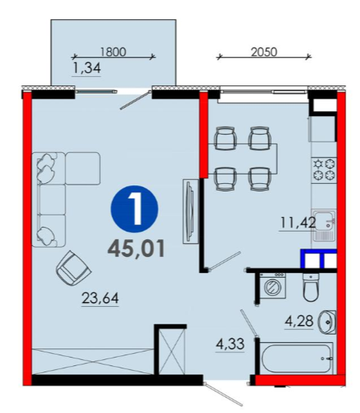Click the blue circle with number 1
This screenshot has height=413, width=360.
click(x=135, y=209)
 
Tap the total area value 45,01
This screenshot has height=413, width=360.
click(x=136, y=249)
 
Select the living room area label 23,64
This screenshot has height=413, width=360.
click(x=100, y=298)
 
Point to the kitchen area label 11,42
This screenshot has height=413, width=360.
click(x=298, y=222)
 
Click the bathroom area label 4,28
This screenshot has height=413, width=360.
click(x=299, y=321)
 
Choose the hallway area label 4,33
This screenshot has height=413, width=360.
click(x=230, y=344)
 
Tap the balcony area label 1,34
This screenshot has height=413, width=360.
click(x=87, y=68)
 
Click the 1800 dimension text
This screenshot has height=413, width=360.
click(x=113, y=52)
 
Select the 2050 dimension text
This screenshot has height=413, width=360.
click(x=264, y=52)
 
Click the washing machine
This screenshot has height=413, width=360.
click(x=272, y=286)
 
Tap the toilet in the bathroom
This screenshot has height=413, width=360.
click(x=311, y=288)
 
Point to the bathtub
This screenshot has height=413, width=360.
click(x=296, y=358)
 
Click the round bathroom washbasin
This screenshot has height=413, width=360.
click(x=328, y=322)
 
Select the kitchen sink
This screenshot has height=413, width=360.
click(x=324, y=225)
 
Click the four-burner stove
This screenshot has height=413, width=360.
click(x=324, y=170)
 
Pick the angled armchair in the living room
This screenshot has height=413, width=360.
click(x=74, y=268)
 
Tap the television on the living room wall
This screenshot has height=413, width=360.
click(x=191, y=211)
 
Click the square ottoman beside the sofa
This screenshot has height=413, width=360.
click(x=82, y=168)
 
